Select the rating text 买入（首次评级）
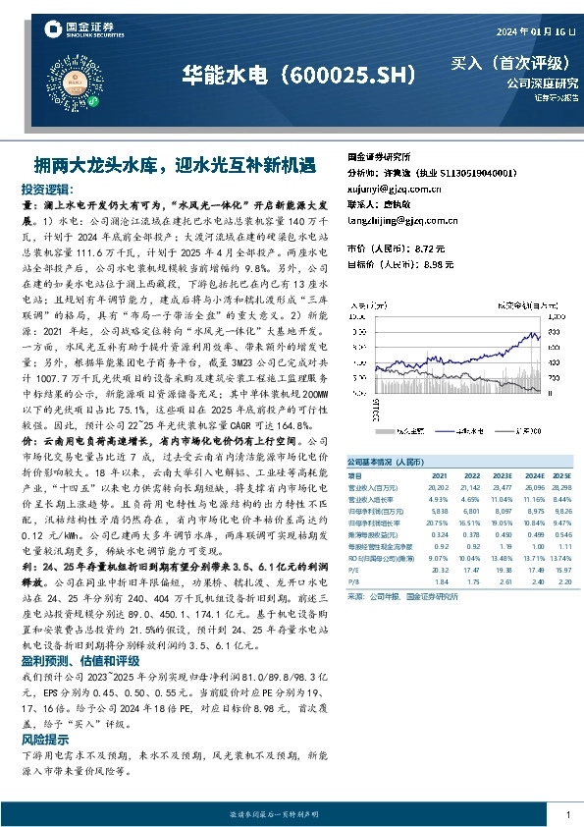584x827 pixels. tap(513, 64)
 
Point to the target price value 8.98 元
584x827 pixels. tap(436, 264)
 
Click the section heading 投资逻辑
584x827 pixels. tap(46, 188)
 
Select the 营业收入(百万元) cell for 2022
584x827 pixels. tap(473, 486)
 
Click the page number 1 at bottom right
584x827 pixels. tap(568, 814)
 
